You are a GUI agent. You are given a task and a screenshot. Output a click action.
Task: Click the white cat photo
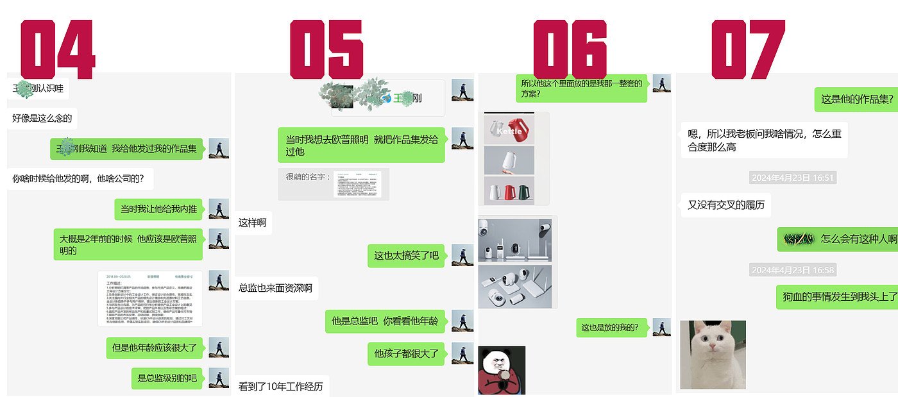(713, 355)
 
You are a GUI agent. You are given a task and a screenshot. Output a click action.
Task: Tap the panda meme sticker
(502, 370)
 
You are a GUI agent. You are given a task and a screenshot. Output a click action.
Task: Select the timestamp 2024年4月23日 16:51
(793, 178)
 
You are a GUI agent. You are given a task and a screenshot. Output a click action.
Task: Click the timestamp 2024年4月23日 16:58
(793, 270)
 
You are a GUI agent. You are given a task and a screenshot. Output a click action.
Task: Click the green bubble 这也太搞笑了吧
(407, 255)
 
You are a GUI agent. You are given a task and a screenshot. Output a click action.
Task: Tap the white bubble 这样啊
(253, 223)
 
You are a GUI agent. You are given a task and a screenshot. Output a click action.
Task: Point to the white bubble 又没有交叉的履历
(725, 205)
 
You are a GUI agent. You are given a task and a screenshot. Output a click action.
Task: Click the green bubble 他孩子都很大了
(407, 353)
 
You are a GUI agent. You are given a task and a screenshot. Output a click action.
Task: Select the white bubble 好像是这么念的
(42, 118)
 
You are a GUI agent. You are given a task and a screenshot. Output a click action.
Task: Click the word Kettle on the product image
(509, 131)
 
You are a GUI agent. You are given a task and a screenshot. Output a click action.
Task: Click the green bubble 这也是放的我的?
(611, 328)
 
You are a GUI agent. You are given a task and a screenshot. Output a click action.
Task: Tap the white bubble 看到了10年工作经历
(281, 387)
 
